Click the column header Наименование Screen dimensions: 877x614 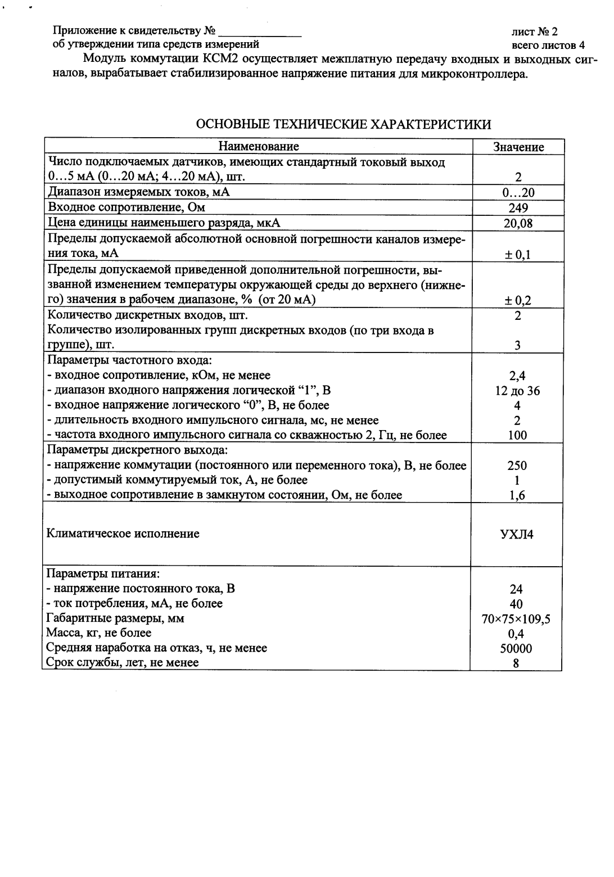click(259, 147)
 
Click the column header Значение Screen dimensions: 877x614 click(518, 147)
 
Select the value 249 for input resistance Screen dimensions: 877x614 click(518, 208)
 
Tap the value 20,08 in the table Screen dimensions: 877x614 click(518, 223)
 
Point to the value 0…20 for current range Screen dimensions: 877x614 click(518, 193)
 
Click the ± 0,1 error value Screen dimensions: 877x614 click(518, 255)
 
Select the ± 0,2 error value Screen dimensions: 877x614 click(518, 300)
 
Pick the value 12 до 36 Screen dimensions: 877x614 click(517, 391)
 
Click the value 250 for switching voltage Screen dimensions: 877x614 click(517, 465)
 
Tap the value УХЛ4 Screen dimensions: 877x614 click(517, 534)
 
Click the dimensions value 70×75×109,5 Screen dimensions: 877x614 click(516, 619)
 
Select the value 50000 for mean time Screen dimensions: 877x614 click(516, 648)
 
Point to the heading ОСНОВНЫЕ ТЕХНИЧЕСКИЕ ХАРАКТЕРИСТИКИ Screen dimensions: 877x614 click(343, 124)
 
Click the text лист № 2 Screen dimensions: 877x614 click(534, 32)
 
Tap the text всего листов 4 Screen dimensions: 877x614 click(548, 45)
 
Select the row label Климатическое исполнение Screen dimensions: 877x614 click(123, 534)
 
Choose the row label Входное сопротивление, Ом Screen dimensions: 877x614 click(127, 207)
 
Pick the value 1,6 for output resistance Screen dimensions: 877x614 click(517, 495)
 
